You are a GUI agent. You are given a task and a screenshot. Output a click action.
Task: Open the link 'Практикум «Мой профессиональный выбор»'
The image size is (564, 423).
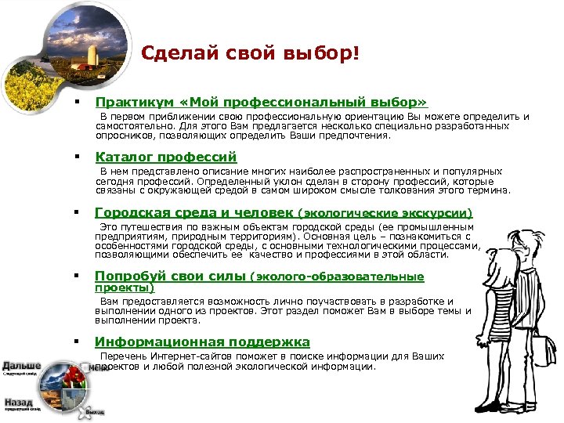coord(261,102)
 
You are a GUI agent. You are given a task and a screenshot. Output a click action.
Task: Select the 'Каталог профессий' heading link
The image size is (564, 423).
coord(165,157)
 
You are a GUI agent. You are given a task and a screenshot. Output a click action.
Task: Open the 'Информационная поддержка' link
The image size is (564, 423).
coord(202,342)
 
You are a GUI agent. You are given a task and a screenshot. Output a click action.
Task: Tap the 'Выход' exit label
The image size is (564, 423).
coord(95,410)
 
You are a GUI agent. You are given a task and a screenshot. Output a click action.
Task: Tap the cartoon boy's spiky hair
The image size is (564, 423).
coord(524,234)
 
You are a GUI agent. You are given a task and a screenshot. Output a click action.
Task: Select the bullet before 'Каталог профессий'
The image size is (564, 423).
coord(78,157)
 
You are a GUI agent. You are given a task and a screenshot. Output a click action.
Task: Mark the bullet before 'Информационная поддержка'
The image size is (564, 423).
coord(78,342)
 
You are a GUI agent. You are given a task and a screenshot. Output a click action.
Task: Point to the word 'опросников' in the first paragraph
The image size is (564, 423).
coord(125,135)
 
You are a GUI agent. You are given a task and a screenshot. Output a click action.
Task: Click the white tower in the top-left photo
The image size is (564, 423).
coord(92,55)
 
